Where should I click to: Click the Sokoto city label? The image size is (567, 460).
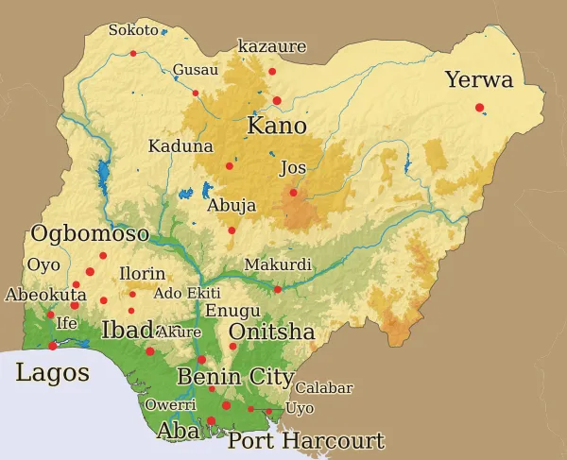[133, 30]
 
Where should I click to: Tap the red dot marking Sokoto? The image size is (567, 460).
[133, 54]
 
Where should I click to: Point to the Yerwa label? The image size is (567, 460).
[479, 79]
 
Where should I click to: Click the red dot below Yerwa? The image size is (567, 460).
[480, 107]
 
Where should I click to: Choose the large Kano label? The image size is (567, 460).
[277, 126]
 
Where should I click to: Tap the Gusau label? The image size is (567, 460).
[196, 70]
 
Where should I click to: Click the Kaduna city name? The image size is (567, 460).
[180, 146]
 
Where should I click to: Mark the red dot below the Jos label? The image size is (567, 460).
[293, 193]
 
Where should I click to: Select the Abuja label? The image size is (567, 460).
[231, 205]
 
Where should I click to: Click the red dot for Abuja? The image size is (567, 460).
[232, 230]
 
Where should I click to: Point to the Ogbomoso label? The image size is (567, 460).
[90, 233]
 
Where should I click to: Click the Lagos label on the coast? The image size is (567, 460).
[53, 372]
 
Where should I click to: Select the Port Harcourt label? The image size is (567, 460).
[306, 441]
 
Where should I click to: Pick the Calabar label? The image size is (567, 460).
[324, 388]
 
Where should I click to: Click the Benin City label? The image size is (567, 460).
[235, 377]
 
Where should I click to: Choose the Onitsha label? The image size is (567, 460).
[271, 332]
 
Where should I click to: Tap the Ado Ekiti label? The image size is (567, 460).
[187, 293]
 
